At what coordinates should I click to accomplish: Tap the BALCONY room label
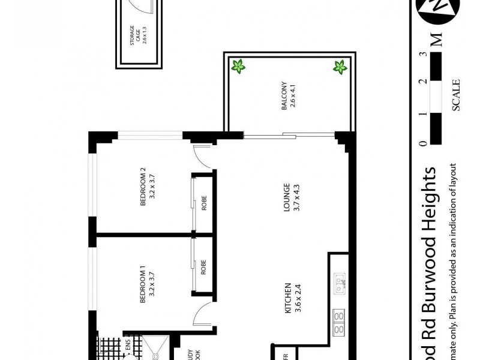289,95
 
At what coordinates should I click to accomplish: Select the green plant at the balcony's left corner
238,67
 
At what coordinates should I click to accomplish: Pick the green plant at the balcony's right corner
340,67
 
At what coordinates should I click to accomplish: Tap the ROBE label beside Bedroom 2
204,204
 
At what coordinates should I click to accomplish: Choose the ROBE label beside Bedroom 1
204,266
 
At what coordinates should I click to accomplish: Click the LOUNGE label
291,197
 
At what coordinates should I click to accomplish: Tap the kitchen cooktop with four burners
338,322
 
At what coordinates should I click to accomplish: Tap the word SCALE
456,95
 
